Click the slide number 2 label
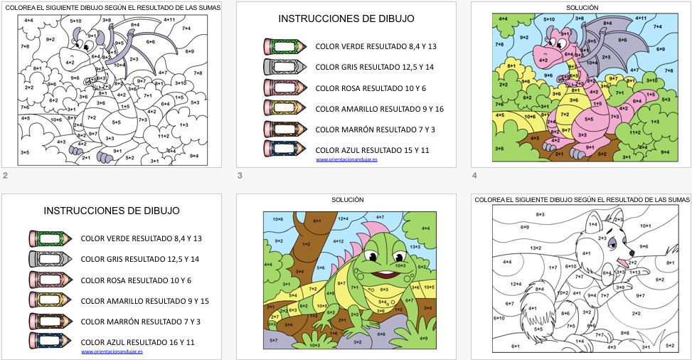pos(5,176)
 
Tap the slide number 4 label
pos(474,176)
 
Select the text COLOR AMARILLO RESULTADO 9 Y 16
pos(380,109)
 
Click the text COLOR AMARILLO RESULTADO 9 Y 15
pos(145,301)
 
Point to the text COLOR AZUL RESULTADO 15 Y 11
pos(372,150)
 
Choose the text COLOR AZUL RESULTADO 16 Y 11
pos(138,342)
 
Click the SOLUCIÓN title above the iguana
pos(348,201)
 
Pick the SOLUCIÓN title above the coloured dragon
pos(582,8)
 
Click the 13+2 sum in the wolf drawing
pos(536,248)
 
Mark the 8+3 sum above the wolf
pos(540,213)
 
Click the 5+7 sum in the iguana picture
pos(274,341)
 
